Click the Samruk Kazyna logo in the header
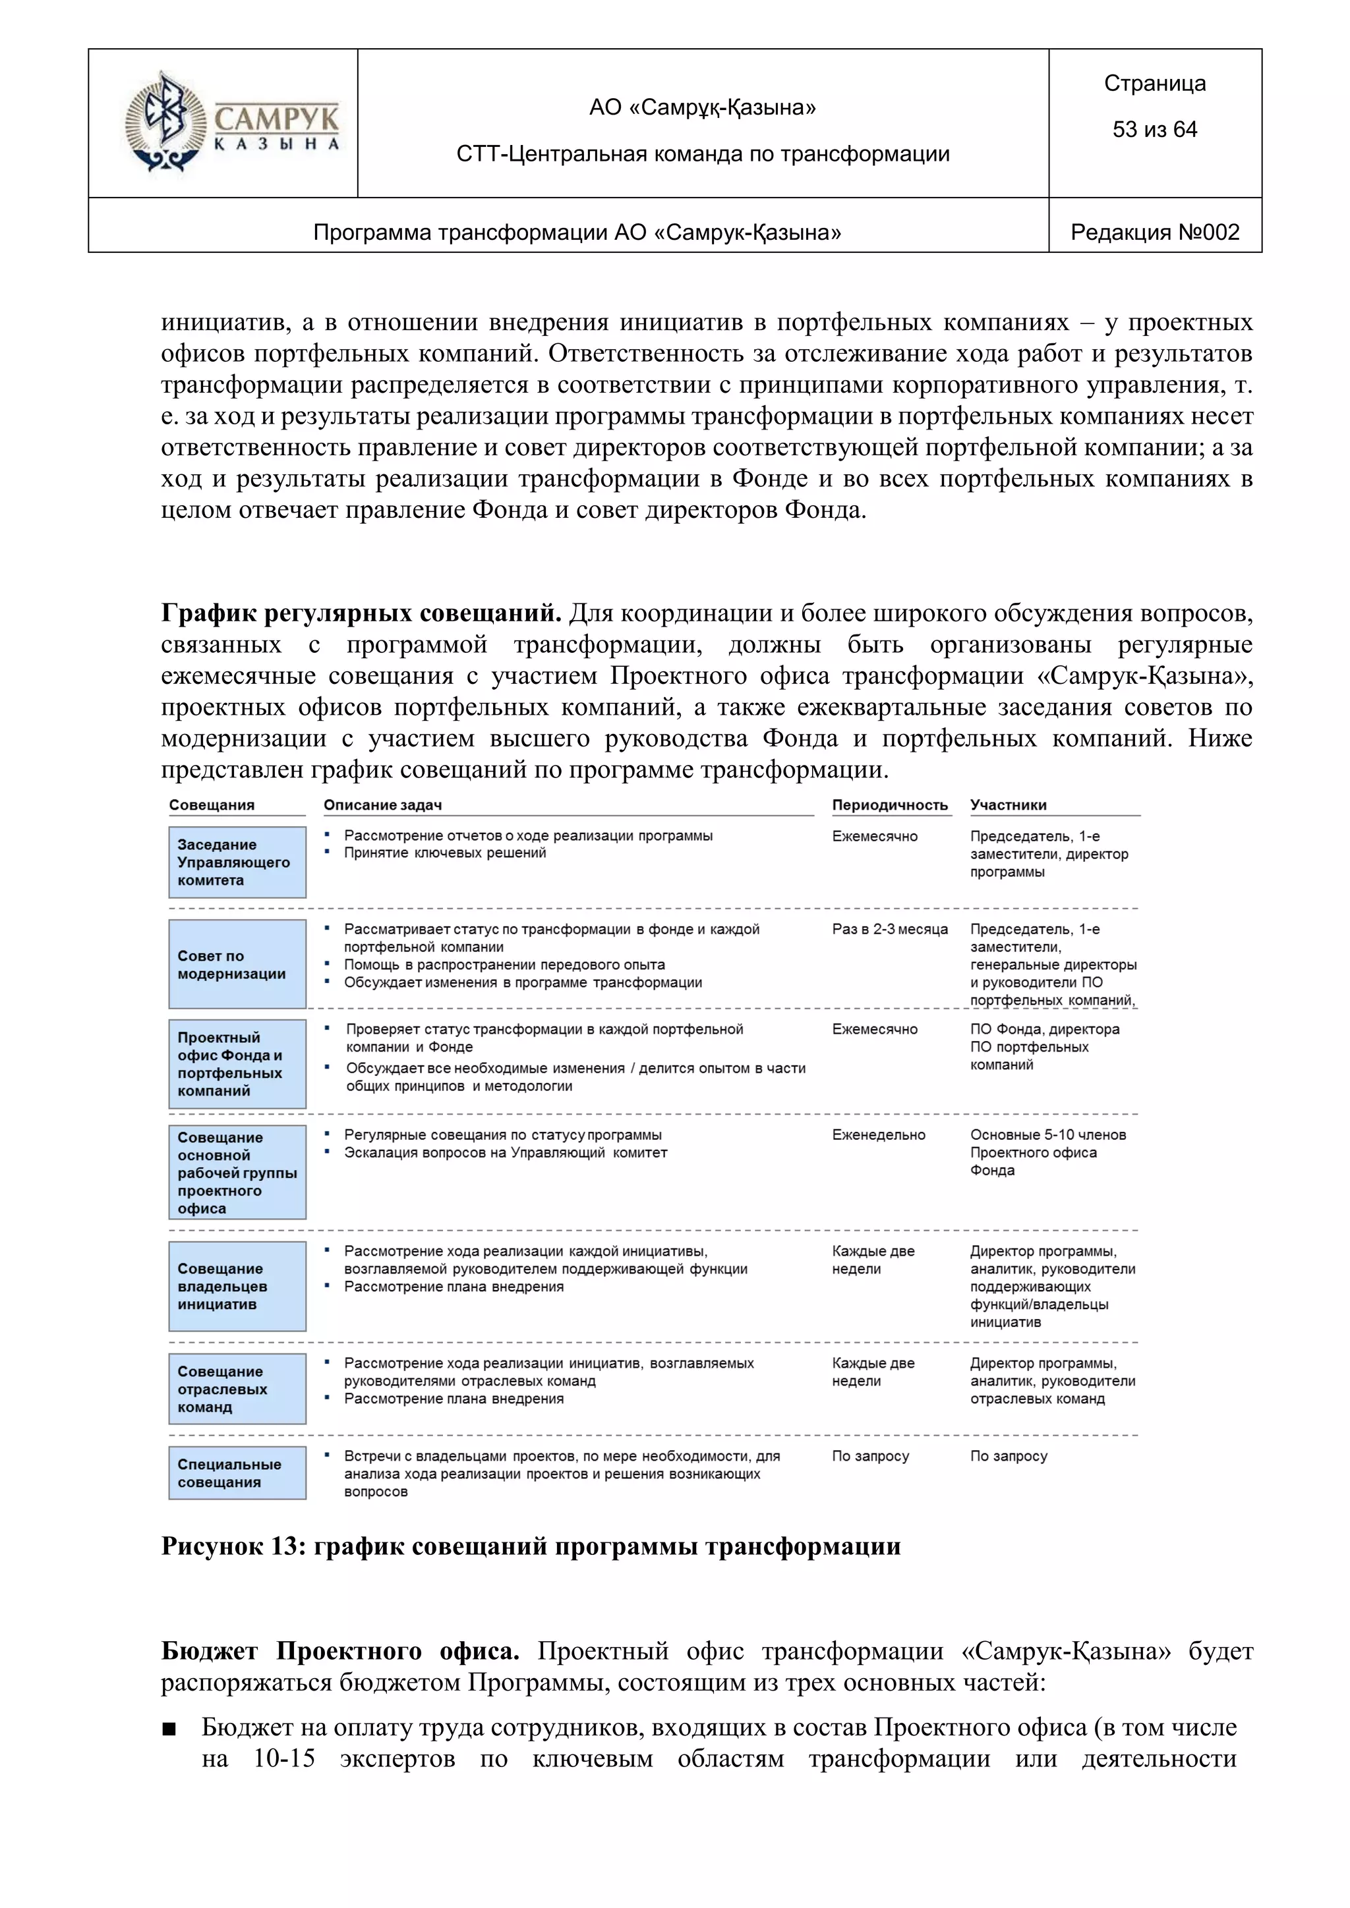[231, 123]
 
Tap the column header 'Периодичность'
[889, 805]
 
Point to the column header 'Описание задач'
[382, 805]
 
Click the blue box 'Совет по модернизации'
[237, 965]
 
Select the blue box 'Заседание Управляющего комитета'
[237, 862]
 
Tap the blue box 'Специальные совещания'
[237, 1473]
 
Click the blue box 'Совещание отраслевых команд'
[237, 1389]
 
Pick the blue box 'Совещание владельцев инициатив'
[237, 1287]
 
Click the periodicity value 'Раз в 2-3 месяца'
[889, 929]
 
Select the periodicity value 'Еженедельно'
[878, 1135]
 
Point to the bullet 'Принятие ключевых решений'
[445, 853]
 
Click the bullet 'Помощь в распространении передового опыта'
[504, 965]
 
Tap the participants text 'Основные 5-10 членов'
[1047, 1135]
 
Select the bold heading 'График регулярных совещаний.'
[361, 614]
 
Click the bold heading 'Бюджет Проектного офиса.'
[339, 1651]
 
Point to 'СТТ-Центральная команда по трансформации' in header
[703, 154]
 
